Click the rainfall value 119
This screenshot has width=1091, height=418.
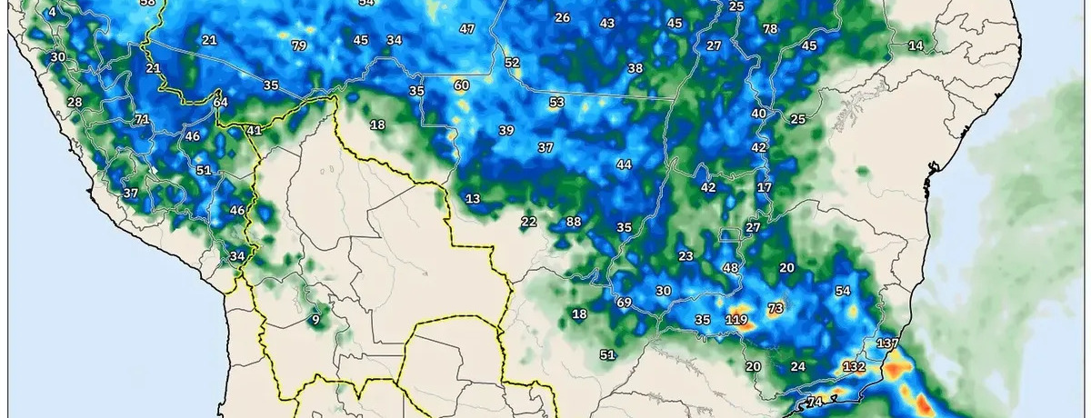point(736,320)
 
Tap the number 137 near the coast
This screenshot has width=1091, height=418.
point(887,344)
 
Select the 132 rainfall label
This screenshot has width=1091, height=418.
point(854,367)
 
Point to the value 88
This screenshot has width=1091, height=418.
point(573,222)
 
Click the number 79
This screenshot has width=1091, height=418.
point(299,45)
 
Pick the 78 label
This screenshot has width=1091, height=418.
point(770,29)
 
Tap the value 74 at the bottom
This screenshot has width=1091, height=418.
point(815,403)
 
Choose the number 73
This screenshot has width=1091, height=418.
point(776,309)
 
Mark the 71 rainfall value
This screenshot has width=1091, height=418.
point(142,119)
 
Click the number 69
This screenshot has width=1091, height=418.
point(624,303)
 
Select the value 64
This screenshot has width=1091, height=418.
point(221,103)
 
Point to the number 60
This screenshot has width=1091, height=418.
point(461,85)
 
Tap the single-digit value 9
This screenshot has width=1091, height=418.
point(315,319)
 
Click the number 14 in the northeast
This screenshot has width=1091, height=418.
point(916,45)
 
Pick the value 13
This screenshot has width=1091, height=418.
point(473,199)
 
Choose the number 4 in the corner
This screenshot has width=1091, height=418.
point(52,12)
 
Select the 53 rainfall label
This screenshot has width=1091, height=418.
point(556,103)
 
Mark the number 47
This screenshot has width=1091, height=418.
point(467,29)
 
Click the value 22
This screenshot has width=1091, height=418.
point(529,222)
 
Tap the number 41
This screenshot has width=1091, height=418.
point(255,130)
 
